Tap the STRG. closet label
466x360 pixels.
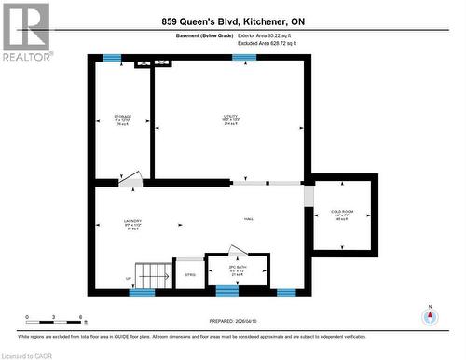189,275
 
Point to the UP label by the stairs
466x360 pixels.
128,279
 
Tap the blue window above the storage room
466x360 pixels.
112,58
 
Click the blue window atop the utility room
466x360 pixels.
244,58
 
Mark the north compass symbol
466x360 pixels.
430,315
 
